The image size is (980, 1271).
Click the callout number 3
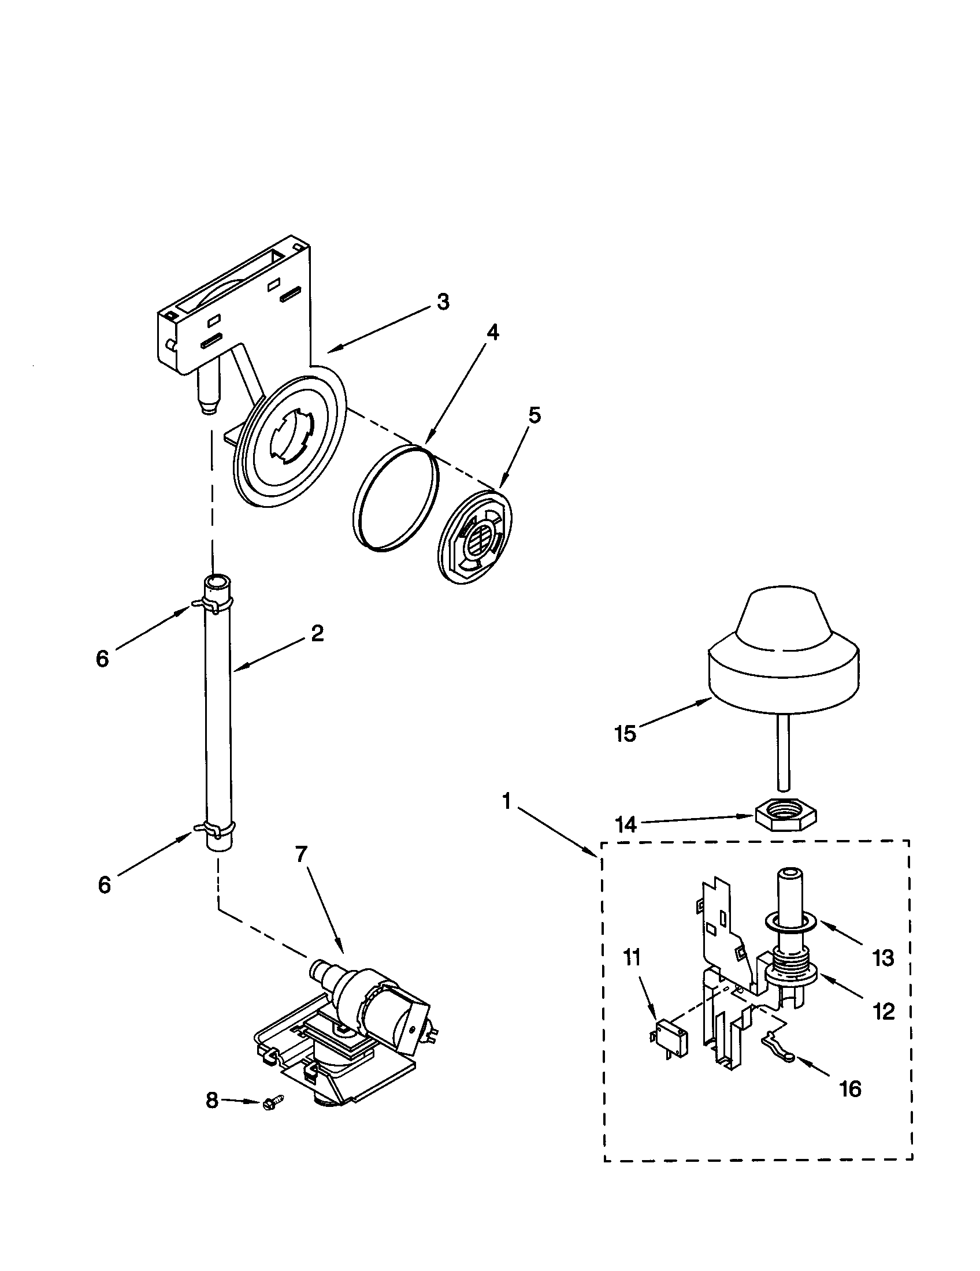(x=443, y=302)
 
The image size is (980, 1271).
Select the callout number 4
(x=492, y=332)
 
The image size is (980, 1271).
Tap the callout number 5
(x=534, y=415)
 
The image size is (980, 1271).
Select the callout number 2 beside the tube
(x=317, y=633)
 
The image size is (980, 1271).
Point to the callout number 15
(x=626, y=734)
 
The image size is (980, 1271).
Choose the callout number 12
(x=884, y=1012)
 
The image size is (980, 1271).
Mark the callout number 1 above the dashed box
(x=507, y=802)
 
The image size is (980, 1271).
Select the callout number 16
(x=851, y=1088)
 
